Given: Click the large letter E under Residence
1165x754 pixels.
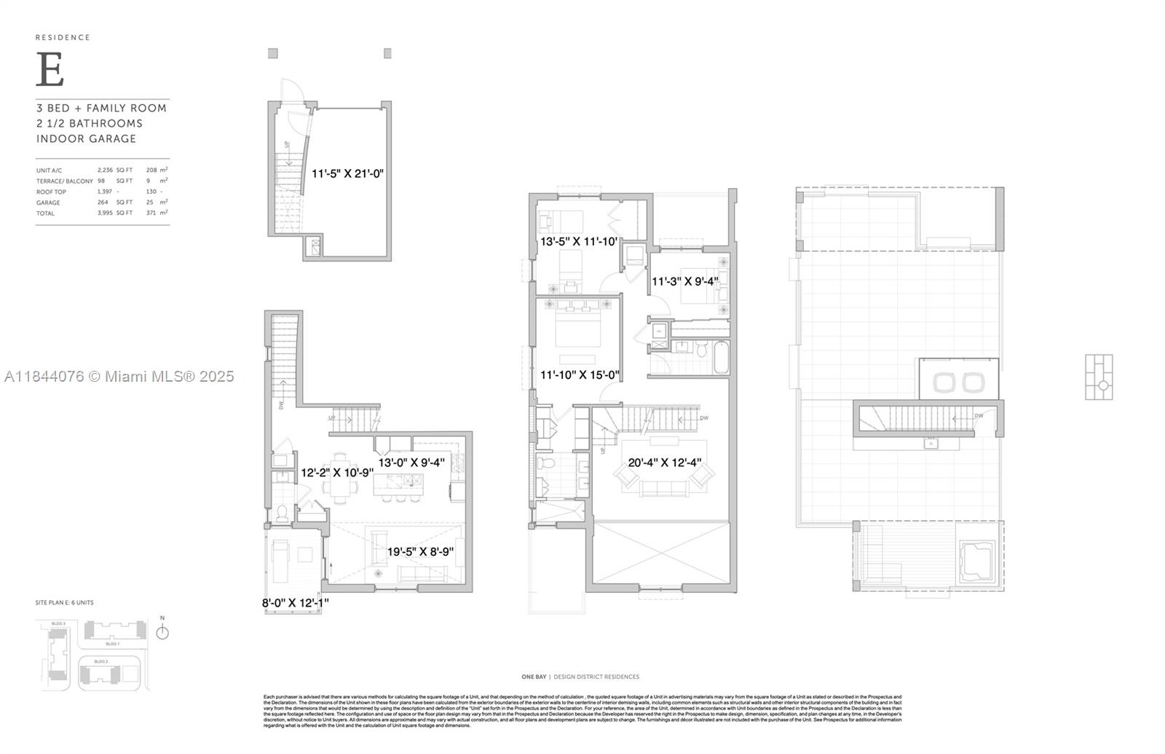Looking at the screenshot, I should (50, 71).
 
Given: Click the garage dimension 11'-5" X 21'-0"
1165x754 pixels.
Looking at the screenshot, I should (347, 173).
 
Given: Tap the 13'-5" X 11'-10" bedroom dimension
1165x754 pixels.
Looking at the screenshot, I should (578, 241).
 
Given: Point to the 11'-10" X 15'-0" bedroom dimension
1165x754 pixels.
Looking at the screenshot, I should (580, 374).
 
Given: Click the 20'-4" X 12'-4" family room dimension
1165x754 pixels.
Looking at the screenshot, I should (665, 462).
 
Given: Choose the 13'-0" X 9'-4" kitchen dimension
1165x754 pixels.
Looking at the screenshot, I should (411, 462).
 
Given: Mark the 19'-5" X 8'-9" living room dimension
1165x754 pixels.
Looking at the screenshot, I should (420, 551).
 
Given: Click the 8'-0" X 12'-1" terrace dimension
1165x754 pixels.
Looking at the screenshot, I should (295, 602).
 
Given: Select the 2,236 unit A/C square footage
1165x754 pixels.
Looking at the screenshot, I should (105, 170).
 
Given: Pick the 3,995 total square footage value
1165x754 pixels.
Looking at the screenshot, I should (105, 213).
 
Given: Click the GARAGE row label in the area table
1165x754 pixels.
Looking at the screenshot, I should (48, 203).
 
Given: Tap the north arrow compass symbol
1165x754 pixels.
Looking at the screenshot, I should (162, 632).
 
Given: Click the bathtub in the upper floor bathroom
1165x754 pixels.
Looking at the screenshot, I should (721, 357).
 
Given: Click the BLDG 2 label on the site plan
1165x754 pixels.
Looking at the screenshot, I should (100, 661).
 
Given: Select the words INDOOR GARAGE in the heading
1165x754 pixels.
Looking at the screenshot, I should (87, 138).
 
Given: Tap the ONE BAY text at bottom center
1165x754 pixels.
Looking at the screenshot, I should (534, 677).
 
